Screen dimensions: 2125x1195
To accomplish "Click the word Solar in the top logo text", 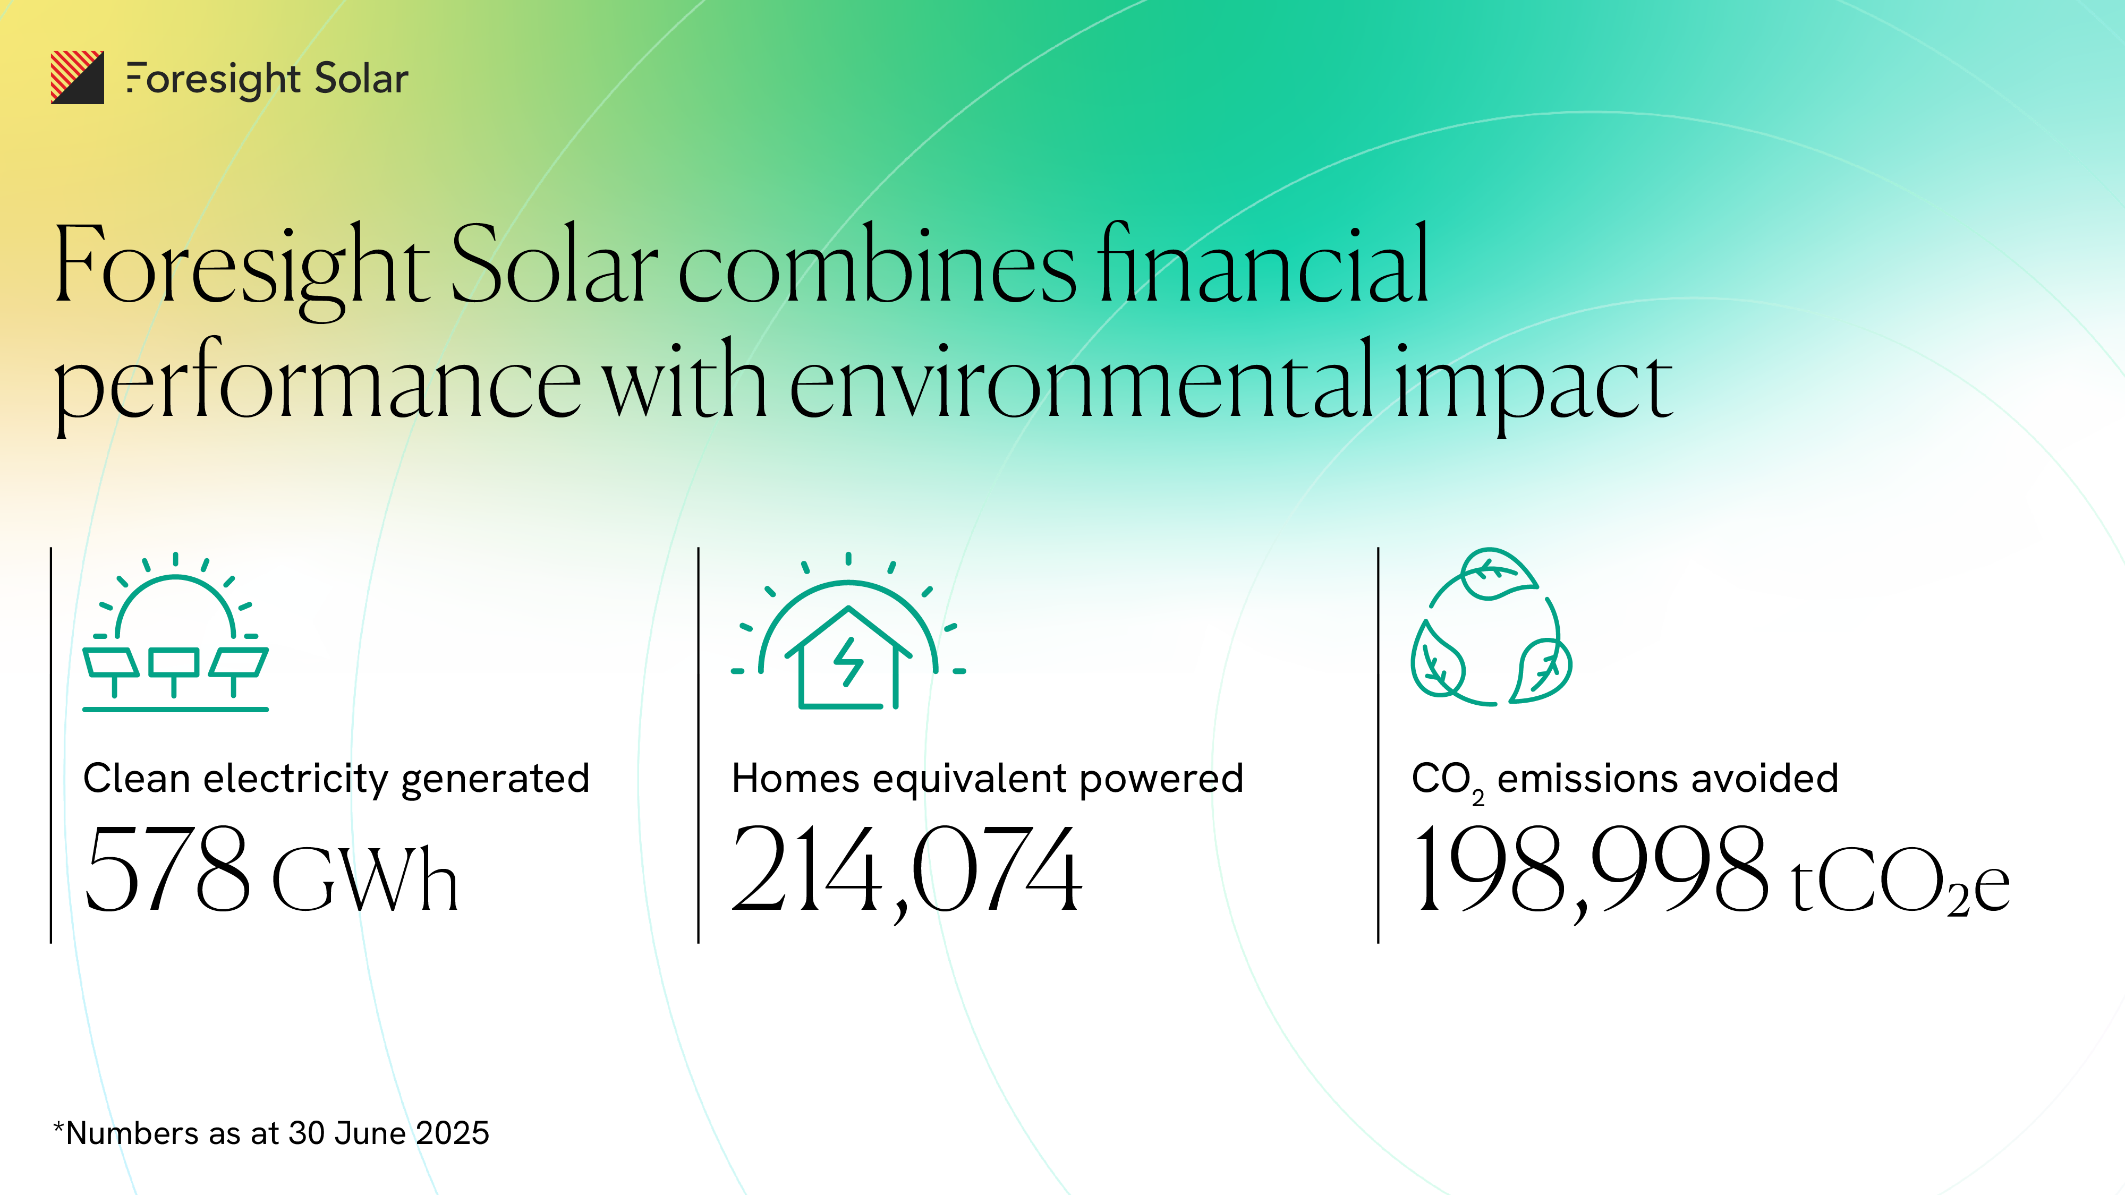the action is click(x=361, y=79).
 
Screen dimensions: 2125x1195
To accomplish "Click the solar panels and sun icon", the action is click(x=176, y=631).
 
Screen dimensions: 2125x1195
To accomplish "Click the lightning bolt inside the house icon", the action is click(x=848, y=661).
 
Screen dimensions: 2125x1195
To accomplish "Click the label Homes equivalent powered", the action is click(x=988, y=779).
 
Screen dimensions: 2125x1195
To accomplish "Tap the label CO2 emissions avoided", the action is click(x=1625, y=781).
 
